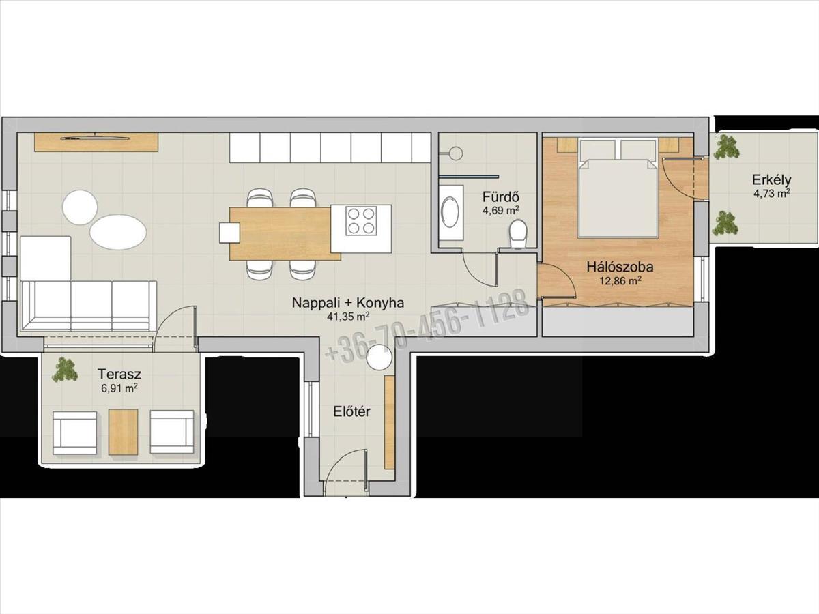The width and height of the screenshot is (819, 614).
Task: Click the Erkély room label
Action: click(x=771, y=180)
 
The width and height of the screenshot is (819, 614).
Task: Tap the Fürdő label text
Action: click(x=501, y=197)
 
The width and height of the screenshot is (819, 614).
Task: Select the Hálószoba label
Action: click(x=620, y=267)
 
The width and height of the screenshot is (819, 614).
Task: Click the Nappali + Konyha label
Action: click(x=348, y=303)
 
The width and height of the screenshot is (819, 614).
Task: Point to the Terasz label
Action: click(x=119, y=374)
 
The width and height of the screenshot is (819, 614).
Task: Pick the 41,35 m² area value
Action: click(x=348, y=317)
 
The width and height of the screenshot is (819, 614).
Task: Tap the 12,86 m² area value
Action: click(x=620, y=280)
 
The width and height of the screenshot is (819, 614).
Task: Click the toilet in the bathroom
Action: click(x=518, y=234)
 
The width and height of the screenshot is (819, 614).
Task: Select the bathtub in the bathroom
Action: click(x=450, y=212)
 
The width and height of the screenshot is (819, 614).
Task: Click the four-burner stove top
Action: click(x=361, y=220)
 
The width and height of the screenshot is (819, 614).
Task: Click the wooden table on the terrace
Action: click(x=123, y=432)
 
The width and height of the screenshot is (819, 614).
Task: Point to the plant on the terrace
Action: click(x=65, y=370)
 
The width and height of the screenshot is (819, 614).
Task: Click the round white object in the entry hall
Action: click(x=379, y=357)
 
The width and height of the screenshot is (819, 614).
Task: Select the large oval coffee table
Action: click(x=118, y=232)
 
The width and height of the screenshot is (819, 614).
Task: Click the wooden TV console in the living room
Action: click(x=97, y=142)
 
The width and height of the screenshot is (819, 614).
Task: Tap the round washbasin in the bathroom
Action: click(x=456, y=153)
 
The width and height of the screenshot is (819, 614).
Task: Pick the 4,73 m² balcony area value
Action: click(x=771, y=193)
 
